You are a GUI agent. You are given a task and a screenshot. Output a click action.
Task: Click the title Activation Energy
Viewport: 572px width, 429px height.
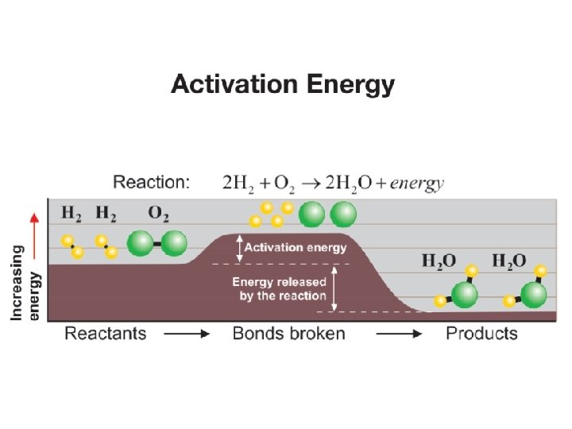click(x=282, y=84)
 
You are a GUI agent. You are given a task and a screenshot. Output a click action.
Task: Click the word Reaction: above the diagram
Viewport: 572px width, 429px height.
click(x=151, y=182)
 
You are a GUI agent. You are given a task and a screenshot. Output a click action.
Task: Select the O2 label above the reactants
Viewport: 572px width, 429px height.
click(x=157, y=213)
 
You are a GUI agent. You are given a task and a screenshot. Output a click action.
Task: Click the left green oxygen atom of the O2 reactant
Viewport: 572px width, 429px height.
click(x=141, y=242)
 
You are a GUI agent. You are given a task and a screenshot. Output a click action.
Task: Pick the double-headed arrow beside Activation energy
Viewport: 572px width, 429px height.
click(x=238, y=248)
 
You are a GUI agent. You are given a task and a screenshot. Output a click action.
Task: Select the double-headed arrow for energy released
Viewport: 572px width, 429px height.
click(x=334, y=288)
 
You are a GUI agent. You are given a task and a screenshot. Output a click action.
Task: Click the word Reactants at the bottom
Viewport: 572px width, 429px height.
click(x=106, y=333)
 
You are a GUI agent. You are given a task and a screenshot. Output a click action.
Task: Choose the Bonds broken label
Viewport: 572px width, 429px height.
click(x=289, y=333)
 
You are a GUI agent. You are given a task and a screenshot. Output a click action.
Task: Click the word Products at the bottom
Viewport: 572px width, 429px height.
click(x=481, y=333)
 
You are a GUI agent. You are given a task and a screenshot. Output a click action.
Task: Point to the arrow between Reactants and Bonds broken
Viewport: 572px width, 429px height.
click(x=187, y=334)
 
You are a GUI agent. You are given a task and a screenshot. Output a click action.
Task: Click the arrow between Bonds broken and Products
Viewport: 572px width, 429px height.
click(x=399, y=334)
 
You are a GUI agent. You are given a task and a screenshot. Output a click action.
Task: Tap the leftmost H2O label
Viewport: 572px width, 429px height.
click(x=439, y=261)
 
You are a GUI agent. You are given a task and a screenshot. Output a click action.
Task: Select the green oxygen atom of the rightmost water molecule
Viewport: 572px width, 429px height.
click(x=535, y=295)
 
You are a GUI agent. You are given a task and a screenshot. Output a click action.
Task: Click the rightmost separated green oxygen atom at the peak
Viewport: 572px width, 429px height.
click(x=343, y=214)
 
